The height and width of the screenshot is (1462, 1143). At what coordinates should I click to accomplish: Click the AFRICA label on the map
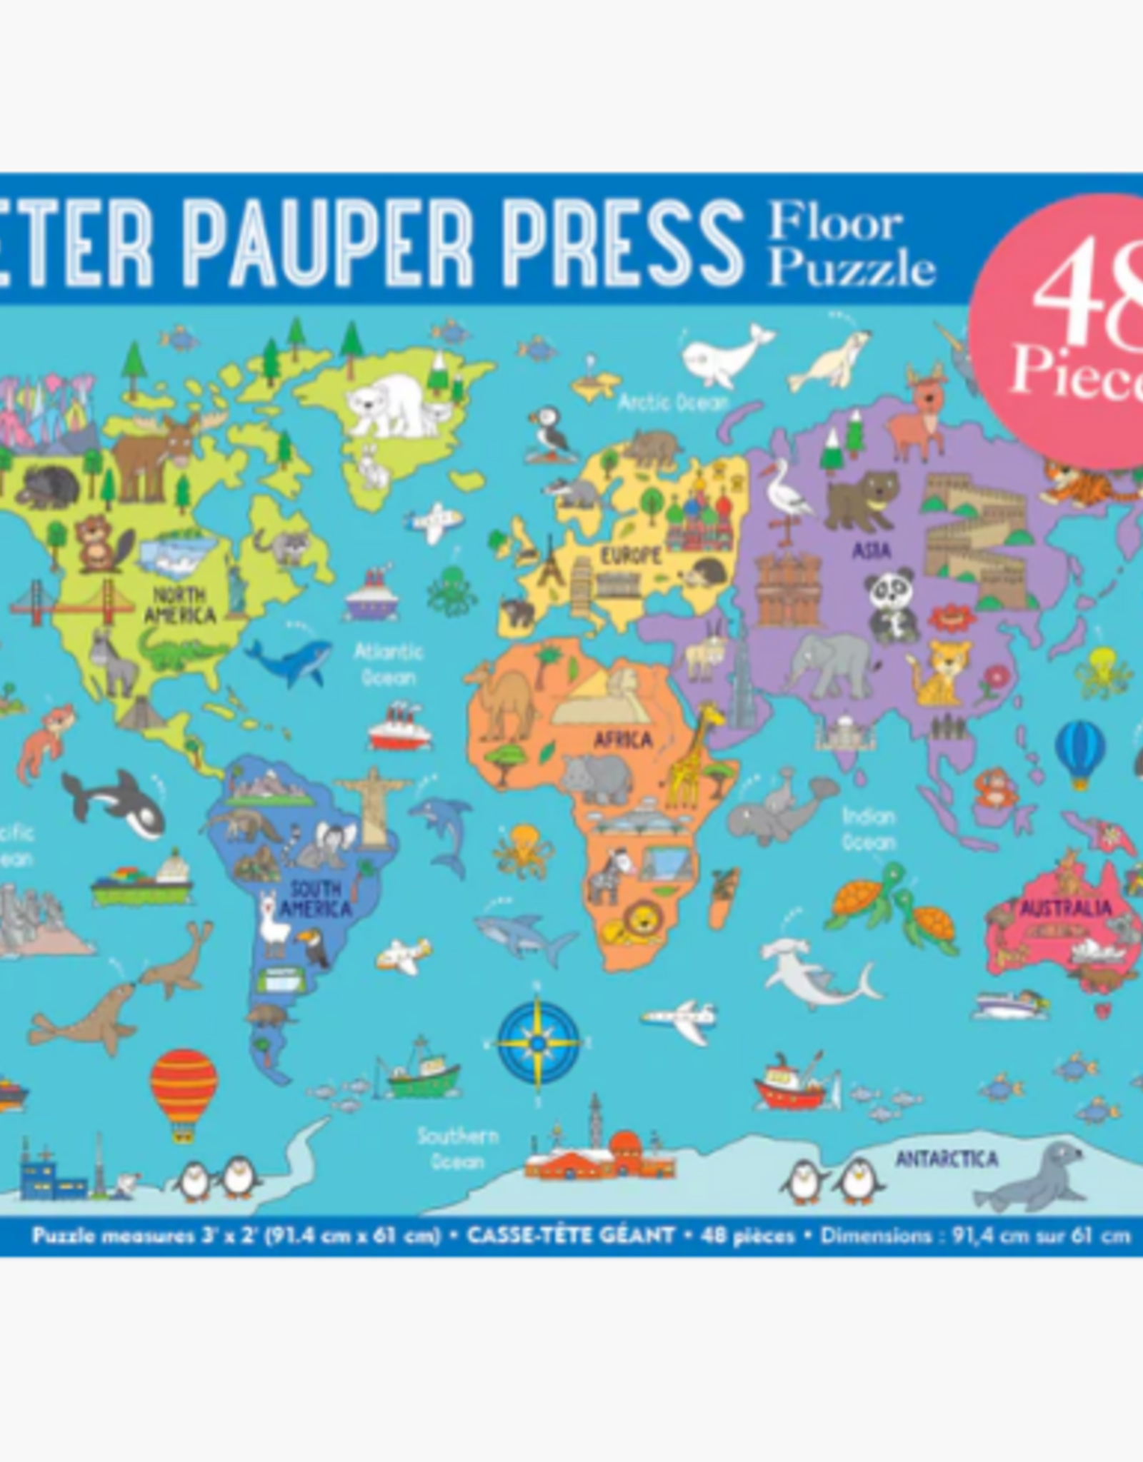point(622,740)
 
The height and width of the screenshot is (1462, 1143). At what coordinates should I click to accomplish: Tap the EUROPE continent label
point(630,555)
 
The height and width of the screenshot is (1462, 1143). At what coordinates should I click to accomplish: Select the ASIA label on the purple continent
point(872,550)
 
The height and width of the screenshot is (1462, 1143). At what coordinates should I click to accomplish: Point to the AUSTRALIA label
point(1065,909)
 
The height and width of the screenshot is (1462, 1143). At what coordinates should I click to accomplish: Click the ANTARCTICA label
point(947,1159)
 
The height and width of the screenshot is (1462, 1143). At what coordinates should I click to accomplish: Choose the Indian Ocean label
point(868,829)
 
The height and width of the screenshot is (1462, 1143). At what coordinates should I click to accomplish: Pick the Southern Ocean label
point(457,1148)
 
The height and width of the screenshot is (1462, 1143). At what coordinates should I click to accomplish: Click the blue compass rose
point(539,1043)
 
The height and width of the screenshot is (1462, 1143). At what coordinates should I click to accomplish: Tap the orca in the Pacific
point(114,801)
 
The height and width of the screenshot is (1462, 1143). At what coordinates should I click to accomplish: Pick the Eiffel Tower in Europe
point(549,561)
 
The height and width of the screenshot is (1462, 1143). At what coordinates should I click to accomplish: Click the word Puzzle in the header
point(852,268)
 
